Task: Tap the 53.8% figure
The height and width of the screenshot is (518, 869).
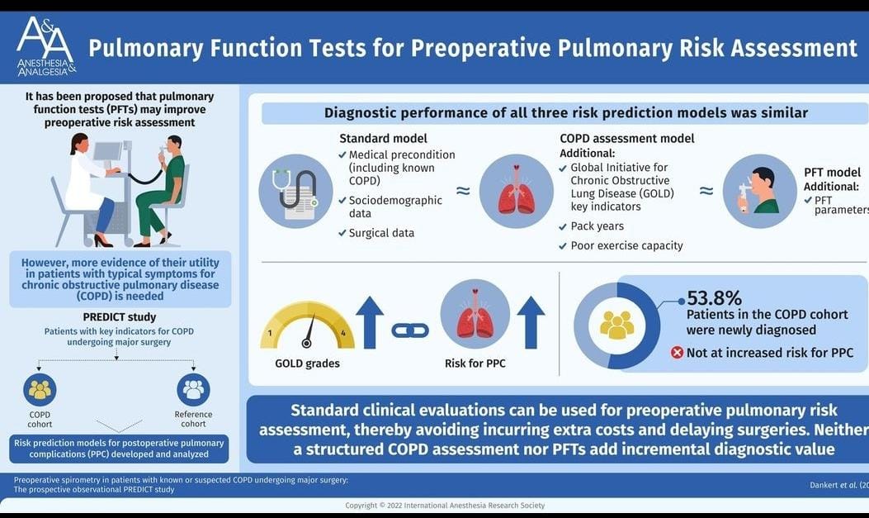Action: pos(715,298)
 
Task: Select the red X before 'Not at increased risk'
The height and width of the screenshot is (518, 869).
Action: pos(678,352)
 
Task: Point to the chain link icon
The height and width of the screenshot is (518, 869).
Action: pos(410,330)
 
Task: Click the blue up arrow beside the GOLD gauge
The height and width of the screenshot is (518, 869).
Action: pos(369,321)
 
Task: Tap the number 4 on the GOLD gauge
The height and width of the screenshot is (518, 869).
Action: pos(343,333)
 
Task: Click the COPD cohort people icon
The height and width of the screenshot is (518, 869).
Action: pos(40,390)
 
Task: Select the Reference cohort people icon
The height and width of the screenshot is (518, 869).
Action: pos(193,390)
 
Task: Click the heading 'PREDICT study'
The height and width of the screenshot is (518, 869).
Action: pos(119,316)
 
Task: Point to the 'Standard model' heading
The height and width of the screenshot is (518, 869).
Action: pos(383,139)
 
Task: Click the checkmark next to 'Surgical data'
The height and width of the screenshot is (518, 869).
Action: pos(342,233)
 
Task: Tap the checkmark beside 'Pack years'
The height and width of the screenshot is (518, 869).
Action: pos(563,226)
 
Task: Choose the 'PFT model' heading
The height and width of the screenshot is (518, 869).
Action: pos(832,173)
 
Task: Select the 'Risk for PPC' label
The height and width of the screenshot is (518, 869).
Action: pos(475,364)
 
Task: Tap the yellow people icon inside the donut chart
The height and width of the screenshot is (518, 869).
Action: pos(616,326)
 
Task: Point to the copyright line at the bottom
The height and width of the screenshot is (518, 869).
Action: pos(434,505)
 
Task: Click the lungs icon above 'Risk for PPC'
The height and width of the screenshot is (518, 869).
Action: pos(475,314)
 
